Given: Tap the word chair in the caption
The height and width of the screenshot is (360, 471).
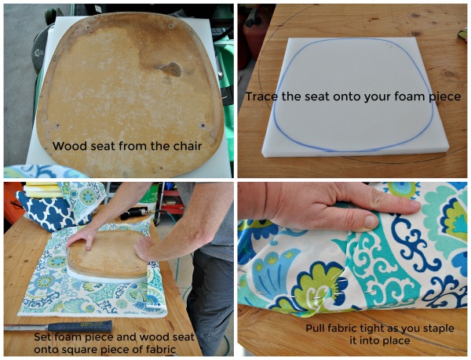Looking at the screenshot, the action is tap(188, 146).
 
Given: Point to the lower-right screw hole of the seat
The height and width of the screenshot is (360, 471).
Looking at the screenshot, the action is tap(203, 125).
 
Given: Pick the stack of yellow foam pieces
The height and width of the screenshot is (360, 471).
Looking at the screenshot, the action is tap(43, 190).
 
